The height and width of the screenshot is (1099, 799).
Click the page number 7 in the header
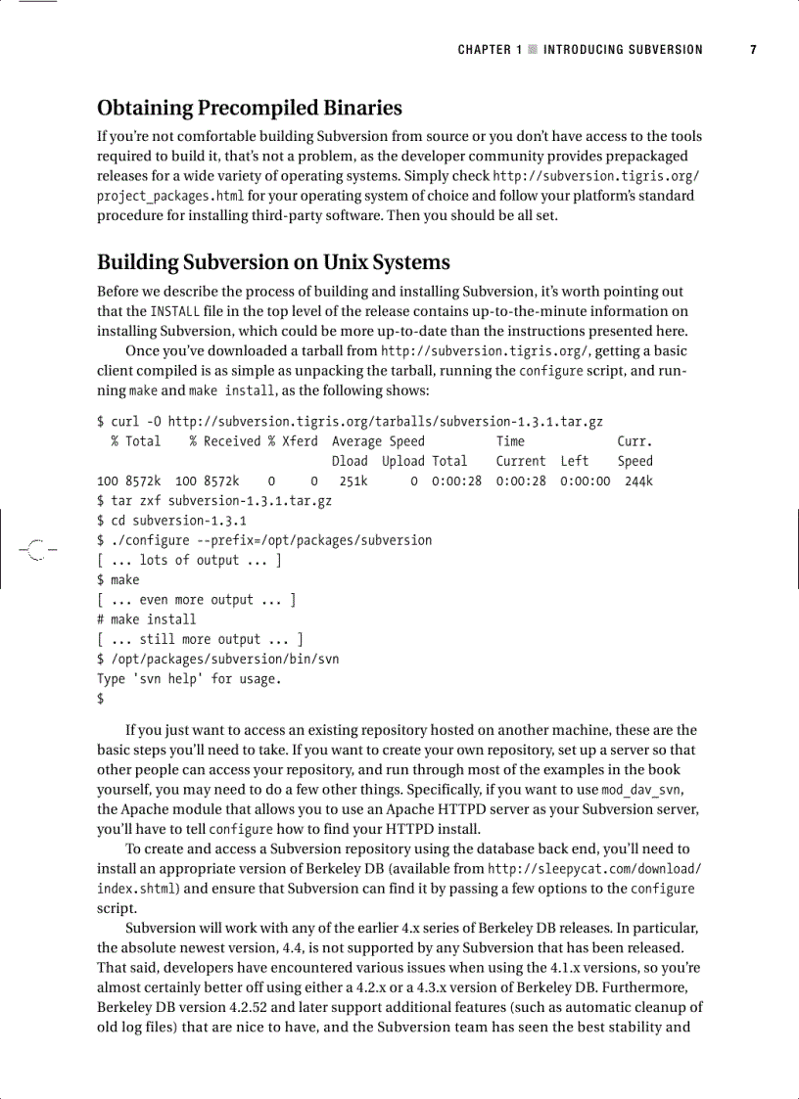click(753, 49)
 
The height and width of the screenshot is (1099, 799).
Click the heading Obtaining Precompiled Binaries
click(249, 108)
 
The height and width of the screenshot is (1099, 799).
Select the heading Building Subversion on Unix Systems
click(273, 262)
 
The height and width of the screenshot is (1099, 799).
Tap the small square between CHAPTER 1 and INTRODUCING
click(533, 50)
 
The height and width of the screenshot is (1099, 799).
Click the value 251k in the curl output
click(352, 481)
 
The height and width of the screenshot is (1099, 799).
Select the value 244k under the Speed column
click(638, 481)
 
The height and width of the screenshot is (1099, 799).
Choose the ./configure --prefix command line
click(263, 540)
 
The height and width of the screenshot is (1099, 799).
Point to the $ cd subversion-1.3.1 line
click(171, 521)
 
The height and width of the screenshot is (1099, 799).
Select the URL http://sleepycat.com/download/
click(594, 869)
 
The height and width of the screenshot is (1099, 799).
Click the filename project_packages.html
click(170, 196)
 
